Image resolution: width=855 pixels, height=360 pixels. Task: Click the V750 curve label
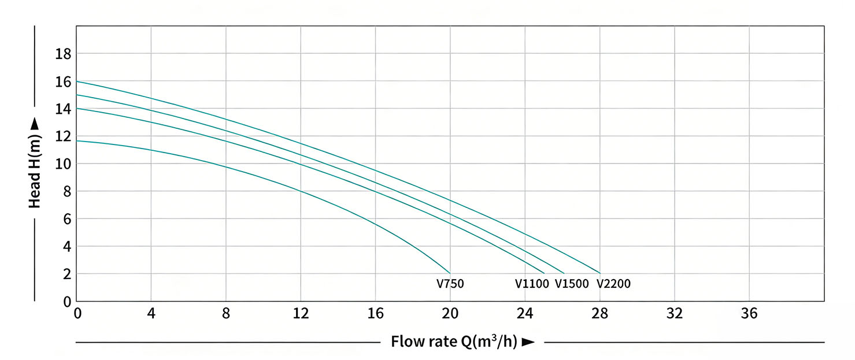(450, 284)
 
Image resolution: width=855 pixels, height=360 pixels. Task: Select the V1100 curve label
(532, 284)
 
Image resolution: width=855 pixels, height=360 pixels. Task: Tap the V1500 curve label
(572, 284)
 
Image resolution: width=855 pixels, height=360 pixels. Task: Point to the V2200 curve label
(613, 284)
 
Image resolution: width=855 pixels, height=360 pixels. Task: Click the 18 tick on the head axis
(63, 54)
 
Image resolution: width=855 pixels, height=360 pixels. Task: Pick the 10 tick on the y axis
(63, 164)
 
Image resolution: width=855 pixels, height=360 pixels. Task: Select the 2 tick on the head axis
(66, 274)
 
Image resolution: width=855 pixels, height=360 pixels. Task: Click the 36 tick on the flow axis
(749, 314)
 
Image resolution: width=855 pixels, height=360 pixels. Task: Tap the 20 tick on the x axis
(450, 314)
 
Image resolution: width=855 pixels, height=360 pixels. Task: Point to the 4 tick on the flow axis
(151, 314)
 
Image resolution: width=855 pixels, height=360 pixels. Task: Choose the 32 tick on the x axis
(675, 314)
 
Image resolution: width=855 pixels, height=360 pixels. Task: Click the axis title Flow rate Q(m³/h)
(454, 342)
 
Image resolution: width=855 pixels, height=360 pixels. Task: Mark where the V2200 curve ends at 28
(600, 273)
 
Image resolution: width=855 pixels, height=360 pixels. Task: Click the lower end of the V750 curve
(450, 273)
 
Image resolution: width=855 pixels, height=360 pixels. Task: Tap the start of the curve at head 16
(77, 81)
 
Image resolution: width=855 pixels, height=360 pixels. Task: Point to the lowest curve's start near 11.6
(77, 141)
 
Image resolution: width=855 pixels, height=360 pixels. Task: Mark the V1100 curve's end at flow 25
(544, 273)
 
